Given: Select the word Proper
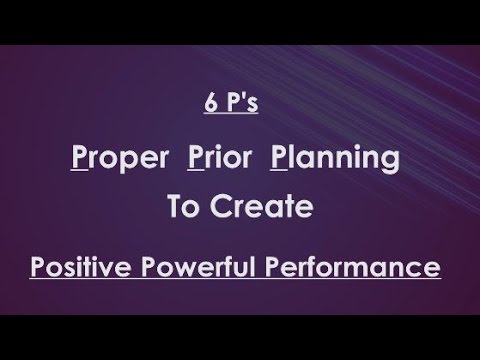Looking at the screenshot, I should tap(124, 162).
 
